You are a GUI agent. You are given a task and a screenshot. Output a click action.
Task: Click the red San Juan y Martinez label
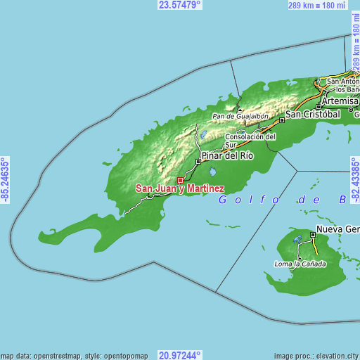coord(180,188)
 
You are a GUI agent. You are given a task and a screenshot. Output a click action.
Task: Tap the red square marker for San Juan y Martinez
coord(180,181)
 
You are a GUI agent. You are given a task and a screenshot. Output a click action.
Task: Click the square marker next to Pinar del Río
coord(198,162)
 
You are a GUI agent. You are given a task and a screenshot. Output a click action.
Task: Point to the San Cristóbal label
coord(312,113)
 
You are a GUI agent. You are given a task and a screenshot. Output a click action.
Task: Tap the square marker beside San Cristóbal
coord(282,120)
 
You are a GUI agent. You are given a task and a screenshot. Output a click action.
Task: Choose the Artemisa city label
coord(340,101)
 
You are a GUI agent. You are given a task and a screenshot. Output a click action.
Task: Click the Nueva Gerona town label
coord(337,230)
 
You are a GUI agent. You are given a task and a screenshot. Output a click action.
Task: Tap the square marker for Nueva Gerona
coord(313,234)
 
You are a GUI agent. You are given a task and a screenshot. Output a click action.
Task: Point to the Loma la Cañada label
coord(300,264)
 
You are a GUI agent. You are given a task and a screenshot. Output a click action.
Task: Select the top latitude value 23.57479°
coord(179,4)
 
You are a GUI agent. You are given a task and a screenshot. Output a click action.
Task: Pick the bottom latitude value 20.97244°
coord(179,355)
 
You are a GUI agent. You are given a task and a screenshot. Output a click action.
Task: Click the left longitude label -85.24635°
coord(5,180)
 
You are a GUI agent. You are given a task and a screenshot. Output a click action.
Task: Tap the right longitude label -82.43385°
coord(354,180)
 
